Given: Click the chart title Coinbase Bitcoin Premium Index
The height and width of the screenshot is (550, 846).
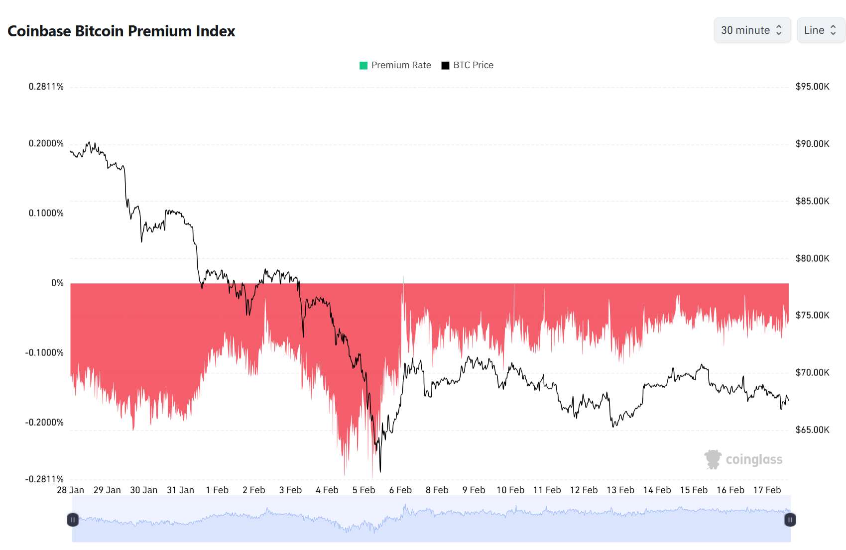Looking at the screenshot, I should (121, 31).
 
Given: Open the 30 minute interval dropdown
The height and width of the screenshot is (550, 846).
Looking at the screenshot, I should (751, 30).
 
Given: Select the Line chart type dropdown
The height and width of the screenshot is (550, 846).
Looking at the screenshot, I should (820, 30).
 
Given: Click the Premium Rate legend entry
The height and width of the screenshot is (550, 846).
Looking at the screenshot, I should (395, 65).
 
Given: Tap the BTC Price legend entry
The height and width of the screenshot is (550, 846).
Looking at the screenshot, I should (468, 65).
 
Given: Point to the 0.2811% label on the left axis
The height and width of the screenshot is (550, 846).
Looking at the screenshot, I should (46, 87).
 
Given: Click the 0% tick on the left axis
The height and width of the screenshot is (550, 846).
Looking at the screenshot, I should (57, 283).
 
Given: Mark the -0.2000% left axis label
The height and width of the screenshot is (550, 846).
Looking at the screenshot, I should (45, 423).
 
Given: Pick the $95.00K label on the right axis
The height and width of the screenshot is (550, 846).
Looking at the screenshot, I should (812, 87).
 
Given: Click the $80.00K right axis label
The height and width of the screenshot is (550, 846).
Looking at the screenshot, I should (812, 258).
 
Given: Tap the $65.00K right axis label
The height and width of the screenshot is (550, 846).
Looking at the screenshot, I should (812, 430).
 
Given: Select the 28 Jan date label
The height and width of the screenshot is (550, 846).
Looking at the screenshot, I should (70, 490).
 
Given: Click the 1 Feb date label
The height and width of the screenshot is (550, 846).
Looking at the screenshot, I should (217, 490).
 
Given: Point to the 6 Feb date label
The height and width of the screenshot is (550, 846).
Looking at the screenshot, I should (400, 490).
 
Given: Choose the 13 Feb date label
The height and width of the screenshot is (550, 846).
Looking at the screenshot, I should (620, 490).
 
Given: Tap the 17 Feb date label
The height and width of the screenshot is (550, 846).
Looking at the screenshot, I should (767, 490).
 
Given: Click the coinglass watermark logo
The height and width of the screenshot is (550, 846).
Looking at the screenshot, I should (743, 459).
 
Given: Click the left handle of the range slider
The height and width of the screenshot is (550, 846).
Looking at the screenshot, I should (73, 520).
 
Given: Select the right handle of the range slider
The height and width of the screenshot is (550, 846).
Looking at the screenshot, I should (790, 520).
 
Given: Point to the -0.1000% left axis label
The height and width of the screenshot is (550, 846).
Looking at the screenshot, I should (45, 353).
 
